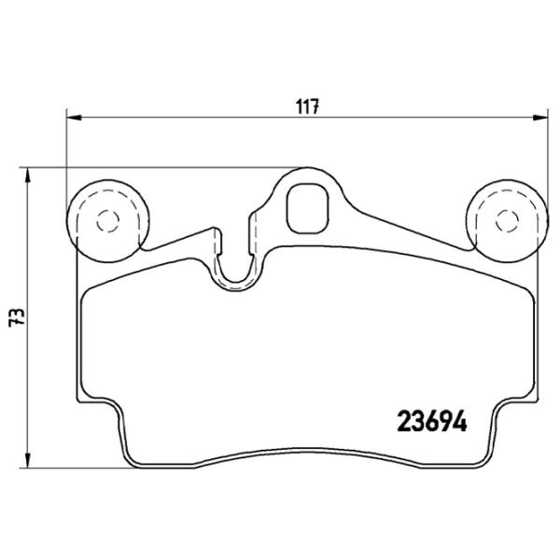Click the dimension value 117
(310, 106)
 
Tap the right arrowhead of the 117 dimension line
(541, 117)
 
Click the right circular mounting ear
(507, 218)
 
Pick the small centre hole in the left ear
(103, 220)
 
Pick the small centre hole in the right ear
(507, 220)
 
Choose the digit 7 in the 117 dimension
(317, 106)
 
